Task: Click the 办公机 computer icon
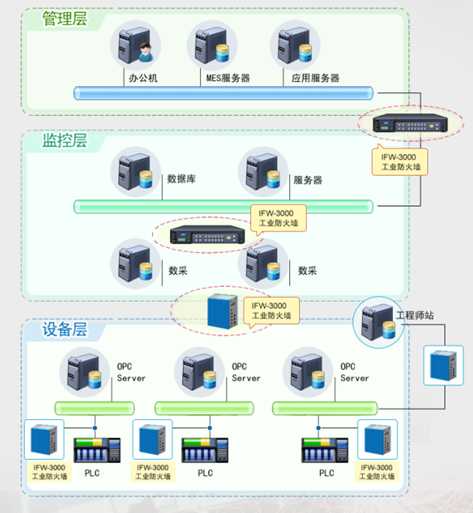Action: tap(136, 45)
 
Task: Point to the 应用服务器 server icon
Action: tap(295, 45)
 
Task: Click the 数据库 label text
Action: tap(181, 180)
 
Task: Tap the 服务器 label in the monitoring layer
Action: tap(307, 180)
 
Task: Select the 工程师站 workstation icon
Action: tap(378, 322)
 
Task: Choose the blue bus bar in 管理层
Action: tap(223, 93)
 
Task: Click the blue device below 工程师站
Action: tap(443, 365)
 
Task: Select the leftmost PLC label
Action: tap(91, 473)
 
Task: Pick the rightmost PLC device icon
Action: tap(324, 451)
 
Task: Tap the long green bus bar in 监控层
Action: tap(223, 206)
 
